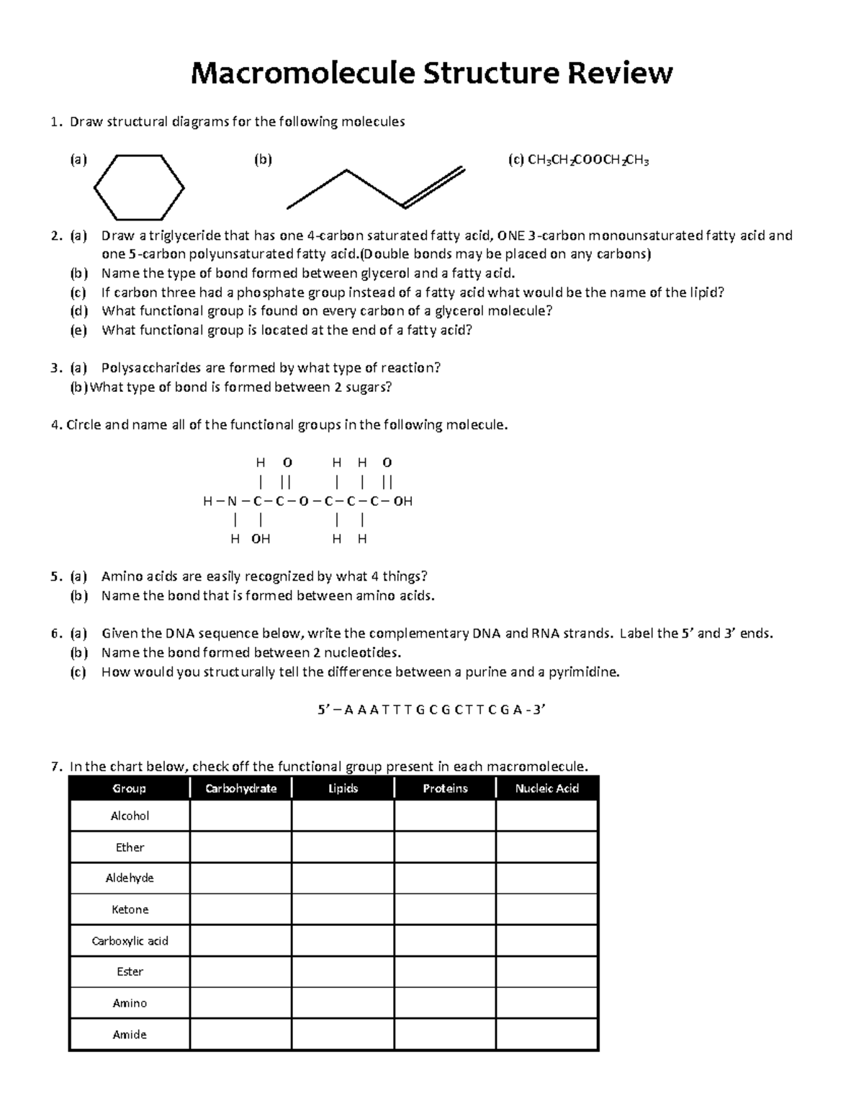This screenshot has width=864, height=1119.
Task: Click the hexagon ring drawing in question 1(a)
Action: pyautogui.click(x=139, y=187)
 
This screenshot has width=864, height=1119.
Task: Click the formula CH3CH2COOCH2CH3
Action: pyautogui.click(x=588, y=161)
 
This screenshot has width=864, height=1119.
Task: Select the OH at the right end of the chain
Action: pyautogui.click(x=403, y=501)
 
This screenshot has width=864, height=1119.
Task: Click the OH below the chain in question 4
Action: pyautogui.click(x=261, y=538)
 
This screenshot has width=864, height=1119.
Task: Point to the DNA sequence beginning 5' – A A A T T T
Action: pyautogui.click(x=432, y=710)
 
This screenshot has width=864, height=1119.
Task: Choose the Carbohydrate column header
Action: pyautogui.click(x=240, y=788)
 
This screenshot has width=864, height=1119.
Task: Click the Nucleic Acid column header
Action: pyautogui.click(x=546, y=788)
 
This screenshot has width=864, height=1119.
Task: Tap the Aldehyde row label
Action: pyautogui.click(x=130, y=878)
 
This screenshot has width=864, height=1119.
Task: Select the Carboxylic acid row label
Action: pyautogui.click(x=130, y=941)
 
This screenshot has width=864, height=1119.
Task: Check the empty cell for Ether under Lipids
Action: pyautogui.click(x=343, y=847)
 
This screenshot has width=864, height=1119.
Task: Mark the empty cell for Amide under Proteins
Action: pyautogui.click(x=444, y=1035)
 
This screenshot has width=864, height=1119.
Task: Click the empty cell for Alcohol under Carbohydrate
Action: pyautogui.click(x=240, y=816)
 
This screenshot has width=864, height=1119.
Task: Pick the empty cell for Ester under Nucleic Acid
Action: pyautogui.click(x=546, y=972)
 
